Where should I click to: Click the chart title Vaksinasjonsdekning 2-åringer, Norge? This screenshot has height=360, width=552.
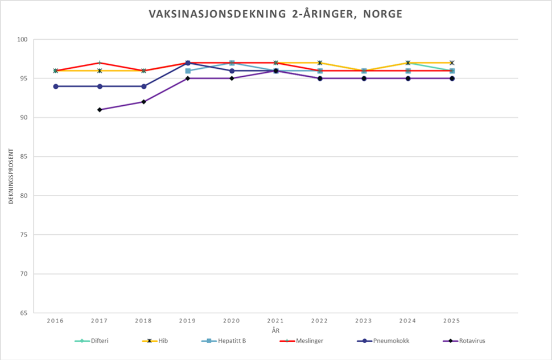(x=275, y=14)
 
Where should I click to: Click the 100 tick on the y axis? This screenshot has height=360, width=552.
(x=22, y=40)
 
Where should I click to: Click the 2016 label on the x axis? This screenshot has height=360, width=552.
(x=55, y=321)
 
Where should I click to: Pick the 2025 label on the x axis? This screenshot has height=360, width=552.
(x=452, y=321)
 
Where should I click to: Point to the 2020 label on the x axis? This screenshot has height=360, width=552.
(x=232, y=321)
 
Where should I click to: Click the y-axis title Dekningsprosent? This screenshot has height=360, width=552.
(x=11, y=176)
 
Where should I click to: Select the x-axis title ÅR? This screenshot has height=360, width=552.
(x=275, y=330)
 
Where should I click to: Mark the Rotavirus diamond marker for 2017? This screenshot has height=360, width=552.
(x=100, y=110)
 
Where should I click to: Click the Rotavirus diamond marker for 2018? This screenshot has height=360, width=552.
(x=143, y=102)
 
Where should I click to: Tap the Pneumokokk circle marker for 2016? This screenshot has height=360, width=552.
(x=56, y=86)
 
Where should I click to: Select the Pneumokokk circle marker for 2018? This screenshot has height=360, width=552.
(x=144, y=86)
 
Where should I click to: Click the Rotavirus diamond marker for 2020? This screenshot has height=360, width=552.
(x=232, y=78)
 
